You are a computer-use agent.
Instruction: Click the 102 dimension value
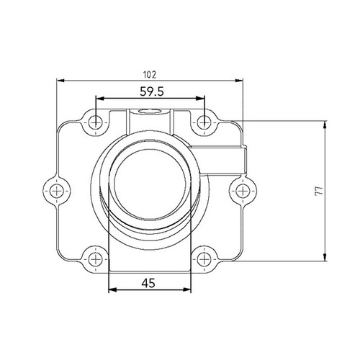click(x=150, y=73)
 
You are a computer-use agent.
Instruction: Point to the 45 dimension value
click(x=149, y=283)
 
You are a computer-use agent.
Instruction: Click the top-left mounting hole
click(x=95, y=122)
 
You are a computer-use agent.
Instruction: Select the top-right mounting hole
click(x=204, y=122)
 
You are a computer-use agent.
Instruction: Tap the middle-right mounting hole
click(x=242, y=190)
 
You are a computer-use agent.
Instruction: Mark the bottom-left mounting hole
click(x=95, y=257)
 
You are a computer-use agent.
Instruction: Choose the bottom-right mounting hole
click(x=204, y=257)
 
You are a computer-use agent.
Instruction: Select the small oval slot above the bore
click(x=150, y=112)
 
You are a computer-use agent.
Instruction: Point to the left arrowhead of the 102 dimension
click(x=60, y=81)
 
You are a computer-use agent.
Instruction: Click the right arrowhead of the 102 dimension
click(x=240, y=81)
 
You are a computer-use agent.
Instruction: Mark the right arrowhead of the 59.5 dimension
click(x=202, y=99)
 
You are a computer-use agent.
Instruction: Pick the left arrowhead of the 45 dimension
click(x=112, y=291)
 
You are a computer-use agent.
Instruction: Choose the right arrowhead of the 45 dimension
click(x=188, y=291)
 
